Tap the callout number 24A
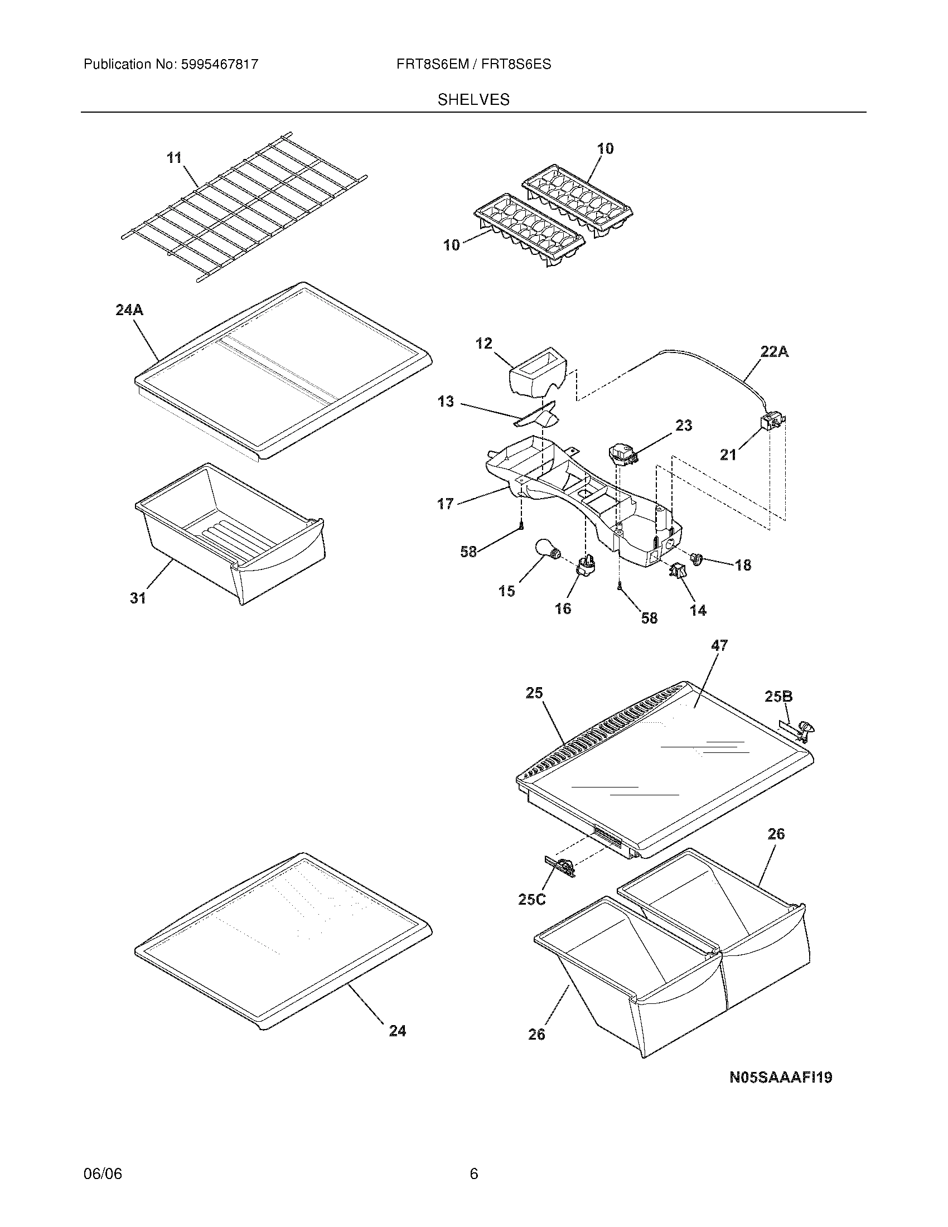click(x=130, y=310)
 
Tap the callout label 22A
click(x=775, y=352)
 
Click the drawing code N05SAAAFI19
click(x=780, y=1078)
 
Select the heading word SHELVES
click(x=473, y=100)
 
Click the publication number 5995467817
click(x=219, y=65)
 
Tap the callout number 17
click(x=446, y=504)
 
